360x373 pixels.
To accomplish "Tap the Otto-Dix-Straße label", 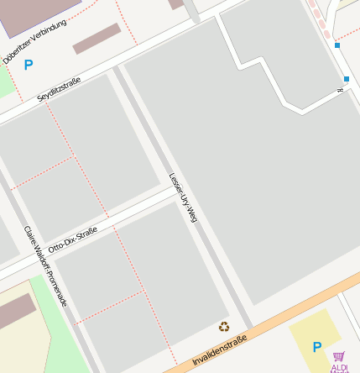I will [72, 239].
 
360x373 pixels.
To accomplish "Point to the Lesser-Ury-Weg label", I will [182, 198].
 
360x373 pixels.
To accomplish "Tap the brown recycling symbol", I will [223, 327].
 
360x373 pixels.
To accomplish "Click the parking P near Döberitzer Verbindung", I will [29, 65].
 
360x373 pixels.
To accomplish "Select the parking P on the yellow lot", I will [316, 346].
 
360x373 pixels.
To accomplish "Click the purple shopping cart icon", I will [339, 356].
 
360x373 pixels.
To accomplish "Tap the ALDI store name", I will [340, 368].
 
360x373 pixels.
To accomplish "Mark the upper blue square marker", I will [337, 45].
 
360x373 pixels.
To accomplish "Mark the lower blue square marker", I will [346, 79].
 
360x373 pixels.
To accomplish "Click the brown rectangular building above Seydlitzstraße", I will [97, 39].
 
